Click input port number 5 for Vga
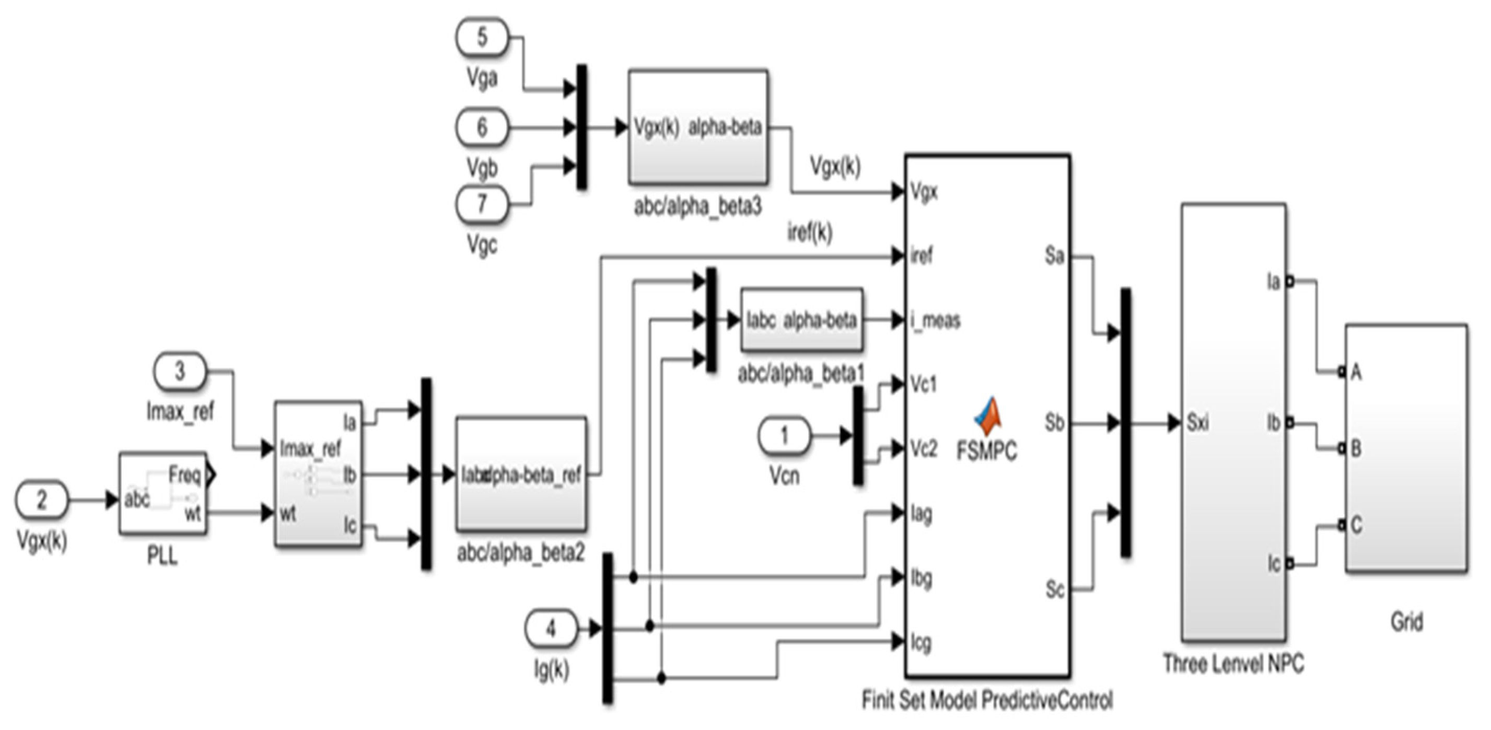(x=482, y=37)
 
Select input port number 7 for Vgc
(x=482, y=204)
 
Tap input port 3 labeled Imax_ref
(x=179, y=370)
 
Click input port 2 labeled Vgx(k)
(x=41, y=500)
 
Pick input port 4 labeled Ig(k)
(x=551, y=628)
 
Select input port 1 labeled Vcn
(x=784, y=435)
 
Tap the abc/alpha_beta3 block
(x=698, y=128)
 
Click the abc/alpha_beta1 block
(x=801, y=320)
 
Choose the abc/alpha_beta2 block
(x=521, y=474)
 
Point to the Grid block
(x=1406, y=449)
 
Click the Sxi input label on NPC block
(x=1197, y=423)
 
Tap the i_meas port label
(x=935, y=320)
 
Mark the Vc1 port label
(x=923, y=385)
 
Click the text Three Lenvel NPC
(x=1233, y=664)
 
